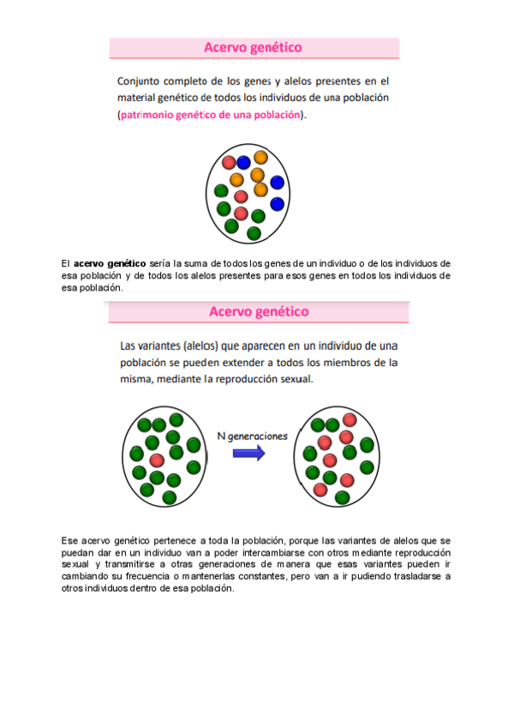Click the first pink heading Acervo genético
pyautogui.click(x=253, y=48)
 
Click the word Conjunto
pyautogui.click(x=142, y=81)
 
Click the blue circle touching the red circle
pyautogui.click(x=244, y=162)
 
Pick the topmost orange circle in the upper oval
pyautogui.click(x=260, y=158)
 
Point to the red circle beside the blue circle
pyautogui.click(x=229, y=162)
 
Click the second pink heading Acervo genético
pyautogui.click(x=259, y=312)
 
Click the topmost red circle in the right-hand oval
pyautogui.click(x=350, y=419)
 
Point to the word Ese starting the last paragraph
pyautogui.click(x=69, y=541)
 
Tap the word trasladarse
pyautogui.click(x=415, y=577)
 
